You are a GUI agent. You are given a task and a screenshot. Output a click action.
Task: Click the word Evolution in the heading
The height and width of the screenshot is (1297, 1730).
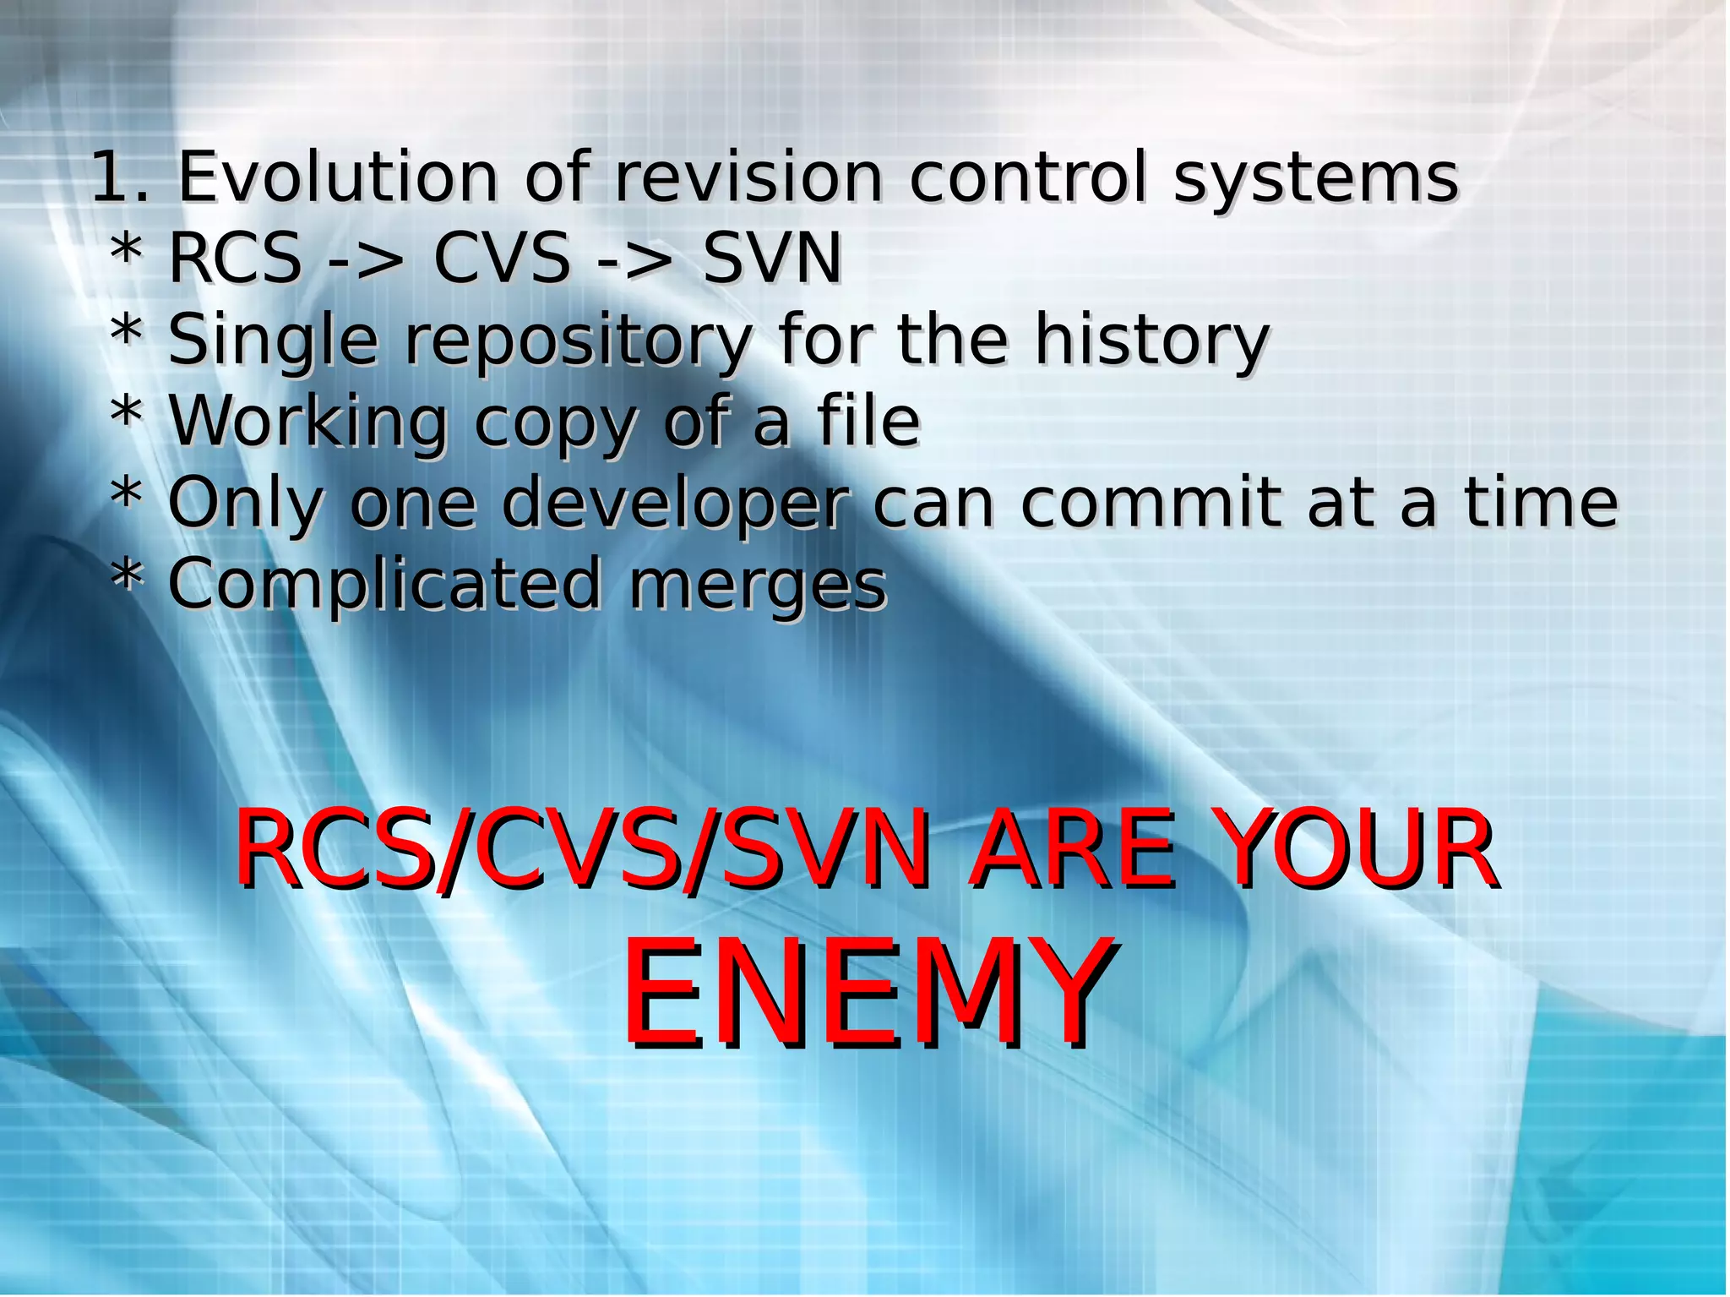pyautogui.click(x=338, y=177)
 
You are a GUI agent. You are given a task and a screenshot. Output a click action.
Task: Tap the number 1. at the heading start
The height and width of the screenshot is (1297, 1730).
pyautogui.click(x=118, y=177)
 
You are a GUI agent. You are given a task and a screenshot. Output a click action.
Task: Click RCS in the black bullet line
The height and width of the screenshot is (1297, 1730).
pyautogui.click(x=235, y=258)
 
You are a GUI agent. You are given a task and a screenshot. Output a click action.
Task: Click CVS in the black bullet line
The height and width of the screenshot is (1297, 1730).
pyautogui.click(x=502, y=258)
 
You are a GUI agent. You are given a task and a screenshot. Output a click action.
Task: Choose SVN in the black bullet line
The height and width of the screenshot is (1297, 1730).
pyautogui.click(x=772, y=258)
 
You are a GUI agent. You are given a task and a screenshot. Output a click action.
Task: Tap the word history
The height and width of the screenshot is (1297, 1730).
pyautogui.click(x=1152, y=341)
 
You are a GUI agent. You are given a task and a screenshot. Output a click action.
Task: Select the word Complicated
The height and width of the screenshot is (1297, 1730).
pyautogui.click(x=384, y=585)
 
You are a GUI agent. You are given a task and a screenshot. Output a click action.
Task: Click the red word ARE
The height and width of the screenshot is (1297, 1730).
pyautogui.click(x=1072, y=848)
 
